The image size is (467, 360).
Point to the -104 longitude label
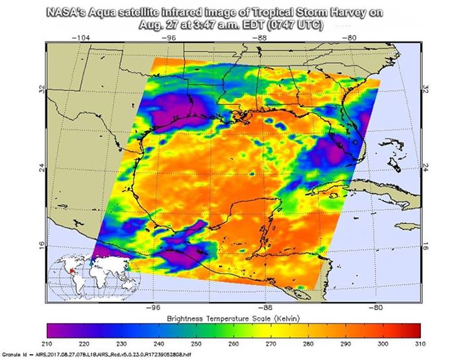tap(81, 38)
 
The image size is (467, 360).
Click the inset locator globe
tap(75, 276)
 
